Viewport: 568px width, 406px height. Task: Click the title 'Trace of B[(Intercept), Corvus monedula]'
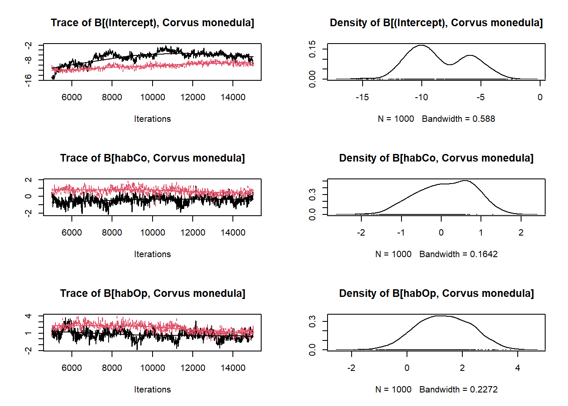pyautogui.click(x=152, y=23)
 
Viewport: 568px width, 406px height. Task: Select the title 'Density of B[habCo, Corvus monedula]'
pyautogui.click(x=436, y=158)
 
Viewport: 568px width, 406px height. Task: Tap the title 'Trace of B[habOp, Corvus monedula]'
pyautogui.click(x=152, y=294)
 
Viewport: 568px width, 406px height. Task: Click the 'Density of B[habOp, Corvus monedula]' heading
pyautogui.click(x=436, y=294)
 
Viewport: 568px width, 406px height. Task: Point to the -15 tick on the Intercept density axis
pyautogui.click(x=362, y=97)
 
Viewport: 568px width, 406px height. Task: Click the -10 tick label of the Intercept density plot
pyautogui.click(x=421, y=97)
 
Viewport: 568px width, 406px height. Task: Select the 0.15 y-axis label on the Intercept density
pyautogui.click(x=312, y=49)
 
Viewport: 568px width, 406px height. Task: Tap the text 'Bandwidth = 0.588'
pyautogui.click(x=458, y=119)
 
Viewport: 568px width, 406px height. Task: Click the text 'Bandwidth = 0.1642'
pyautogui.click(x=458, y=254)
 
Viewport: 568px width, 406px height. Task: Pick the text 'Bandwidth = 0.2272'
pyautogui.click(x=458, y=390)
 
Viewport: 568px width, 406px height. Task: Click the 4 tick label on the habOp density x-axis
pyautogui.click(x=518, y=368)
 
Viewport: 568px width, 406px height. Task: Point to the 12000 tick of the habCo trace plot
pyautogui.click(x=193, y=233)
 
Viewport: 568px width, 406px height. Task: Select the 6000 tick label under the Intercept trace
pyautogui.click(x=72, y=97)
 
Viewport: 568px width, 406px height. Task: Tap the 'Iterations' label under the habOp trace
pyautogui.click(x=152, y=390)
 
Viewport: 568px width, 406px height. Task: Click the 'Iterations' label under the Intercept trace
pyautogui.click(x=152, y=119)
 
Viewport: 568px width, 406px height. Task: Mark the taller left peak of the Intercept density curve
pyautogui.click(x=421, y=45)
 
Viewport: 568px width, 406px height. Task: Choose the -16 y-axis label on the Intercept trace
pyautogui.click(x=28, y=80)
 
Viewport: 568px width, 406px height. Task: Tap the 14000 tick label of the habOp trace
pyautogui.click(x=233, y=368)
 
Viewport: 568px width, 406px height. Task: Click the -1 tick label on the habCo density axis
pyautogui.click(x=401, y=233)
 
